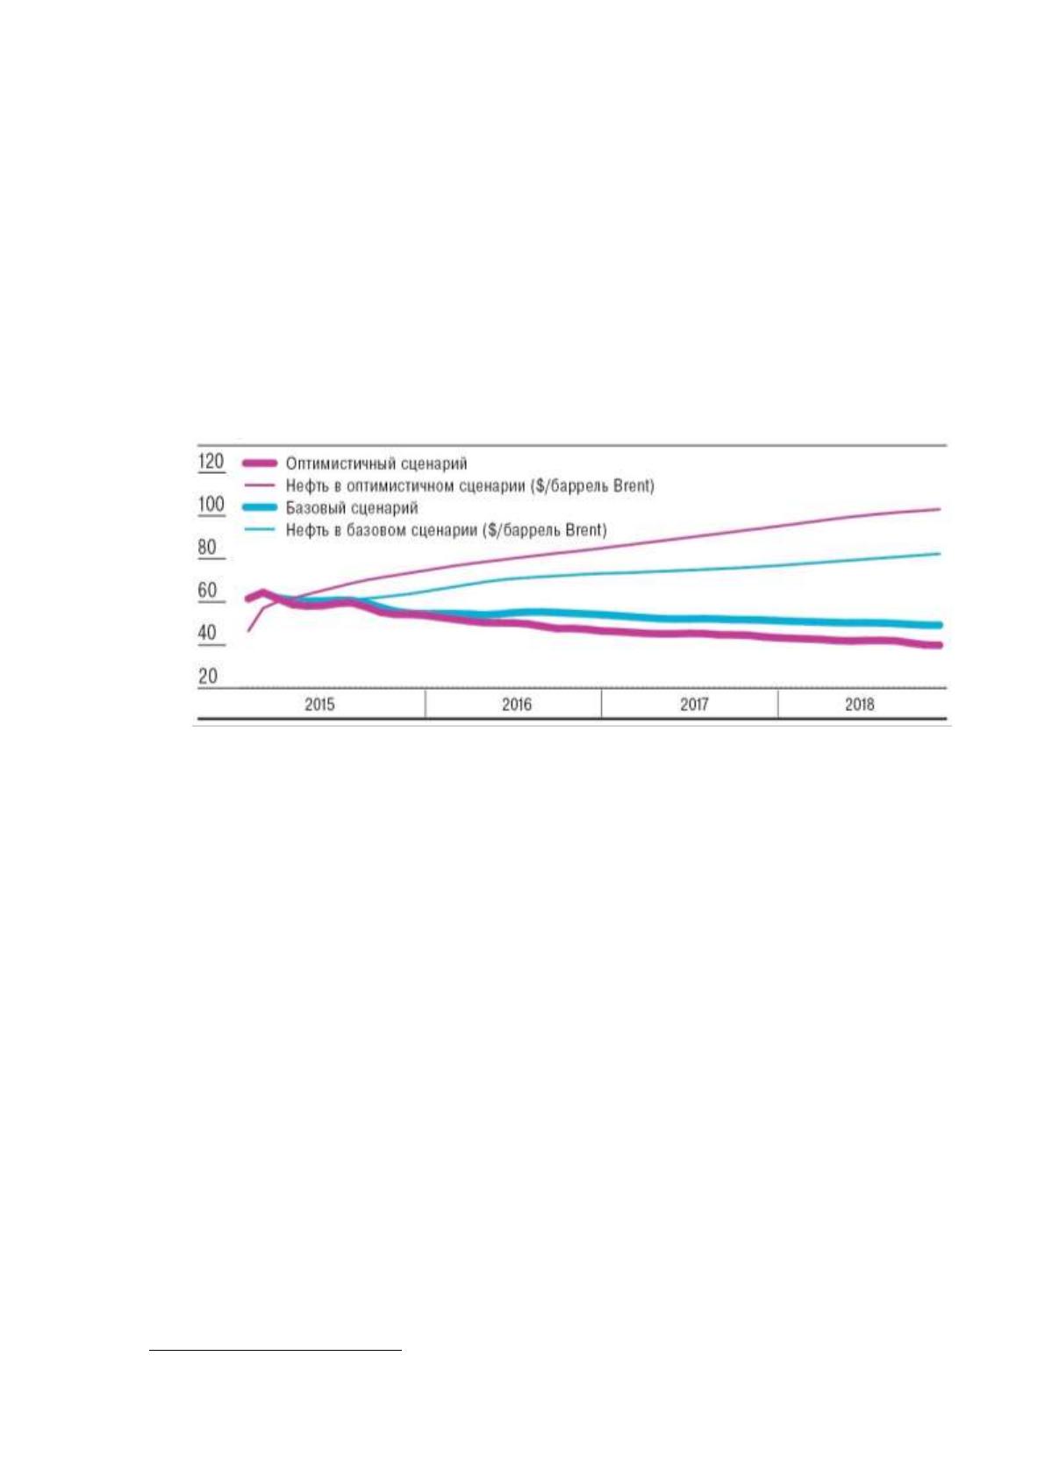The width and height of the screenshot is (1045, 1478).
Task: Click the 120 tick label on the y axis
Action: [211, 461]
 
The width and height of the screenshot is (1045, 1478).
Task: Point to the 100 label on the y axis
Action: [211, 505]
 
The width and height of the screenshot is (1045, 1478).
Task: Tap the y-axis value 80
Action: [207, 548]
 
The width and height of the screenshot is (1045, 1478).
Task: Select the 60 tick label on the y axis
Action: [207, 591]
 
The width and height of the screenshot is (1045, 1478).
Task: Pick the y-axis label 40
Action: [207, 634]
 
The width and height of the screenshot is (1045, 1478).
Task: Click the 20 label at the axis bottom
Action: [207, 677]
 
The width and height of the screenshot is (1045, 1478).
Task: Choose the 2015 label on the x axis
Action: [319, 705]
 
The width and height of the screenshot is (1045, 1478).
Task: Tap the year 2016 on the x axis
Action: [517, 705]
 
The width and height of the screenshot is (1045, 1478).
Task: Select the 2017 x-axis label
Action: [694, 705]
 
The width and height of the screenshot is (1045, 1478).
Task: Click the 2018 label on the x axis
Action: [860, 705]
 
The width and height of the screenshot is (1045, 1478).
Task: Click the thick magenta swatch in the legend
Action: [259, 463]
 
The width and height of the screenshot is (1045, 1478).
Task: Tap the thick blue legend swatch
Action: [259, 507]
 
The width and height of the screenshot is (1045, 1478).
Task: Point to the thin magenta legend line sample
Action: [259, 485]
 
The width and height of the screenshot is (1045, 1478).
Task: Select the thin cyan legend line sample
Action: [259, 529]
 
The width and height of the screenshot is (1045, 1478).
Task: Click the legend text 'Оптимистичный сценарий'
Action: [376, 464]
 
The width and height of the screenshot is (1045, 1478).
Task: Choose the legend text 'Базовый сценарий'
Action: [352, 508]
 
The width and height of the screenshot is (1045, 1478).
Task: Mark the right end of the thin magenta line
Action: [940, 509]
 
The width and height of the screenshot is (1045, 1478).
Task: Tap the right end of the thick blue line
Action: [939, 625]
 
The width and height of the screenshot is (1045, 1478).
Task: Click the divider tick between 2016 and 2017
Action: [602, 703]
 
